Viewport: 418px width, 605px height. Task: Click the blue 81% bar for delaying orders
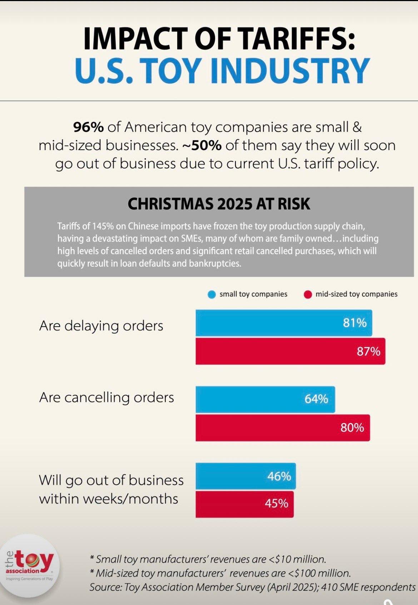[x=284, y=323]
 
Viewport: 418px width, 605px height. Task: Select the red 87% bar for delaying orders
[x=290, y=351]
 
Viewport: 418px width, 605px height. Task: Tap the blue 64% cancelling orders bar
[x=265, y=399]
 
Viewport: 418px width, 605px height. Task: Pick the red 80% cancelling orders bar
[x=282, y=427]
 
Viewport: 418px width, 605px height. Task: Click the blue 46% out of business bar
[x=245, y=476]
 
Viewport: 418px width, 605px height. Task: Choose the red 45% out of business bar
[x=244, y=504]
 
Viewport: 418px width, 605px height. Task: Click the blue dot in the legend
[x=212, y=295]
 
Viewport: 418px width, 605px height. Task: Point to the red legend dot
[x=308, y=295]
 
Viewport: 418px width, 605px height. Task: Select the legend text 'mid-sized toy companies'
[x=356, y=294]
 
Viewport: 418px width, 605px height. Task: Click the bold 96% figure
[x=88, y=127]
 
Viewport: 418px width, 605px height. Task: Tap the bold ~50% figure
[x=202, y=145]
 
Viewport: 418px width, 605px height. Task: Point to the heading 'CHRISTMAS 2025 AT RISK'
[x=219, y=204]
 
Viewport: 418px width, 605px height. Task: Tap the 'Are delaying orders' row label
[x=101, y=326]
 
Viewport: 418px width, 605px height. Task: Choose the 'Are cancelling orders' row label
[x=106, y=397]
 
